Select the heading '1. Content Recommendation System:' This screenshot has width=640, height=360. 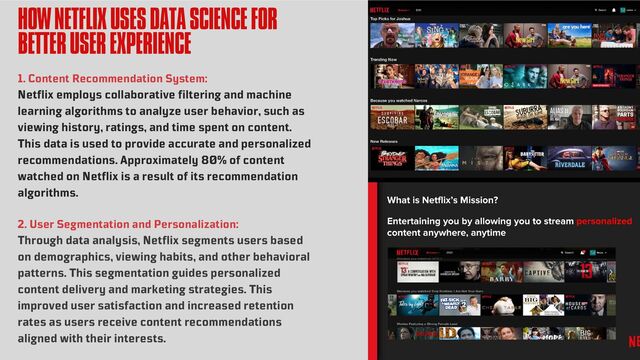(x=113, y=78)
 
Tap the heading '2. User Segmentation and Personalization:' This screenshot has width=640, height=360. (x=128, y=224)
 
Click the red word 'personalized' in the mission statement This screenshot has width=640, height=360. (x=604, y=221)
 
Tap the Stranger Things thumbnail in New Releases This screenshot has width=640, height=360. (x=390, y=157)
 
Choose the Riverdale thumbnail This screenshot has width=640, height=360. (x=569, y=157)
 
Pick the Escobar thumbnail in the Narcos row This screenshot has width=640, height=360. (x=390, y=117)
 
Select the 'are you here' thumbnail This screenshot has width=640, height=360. (x=569, y=36)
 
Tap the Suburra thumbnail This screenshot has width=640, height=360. (x=524, y=117)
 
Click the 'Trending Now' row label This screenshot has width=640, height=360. (x=384, y=59)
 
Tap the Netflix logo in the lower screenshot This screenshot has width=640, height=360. (x=406, y=252)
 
